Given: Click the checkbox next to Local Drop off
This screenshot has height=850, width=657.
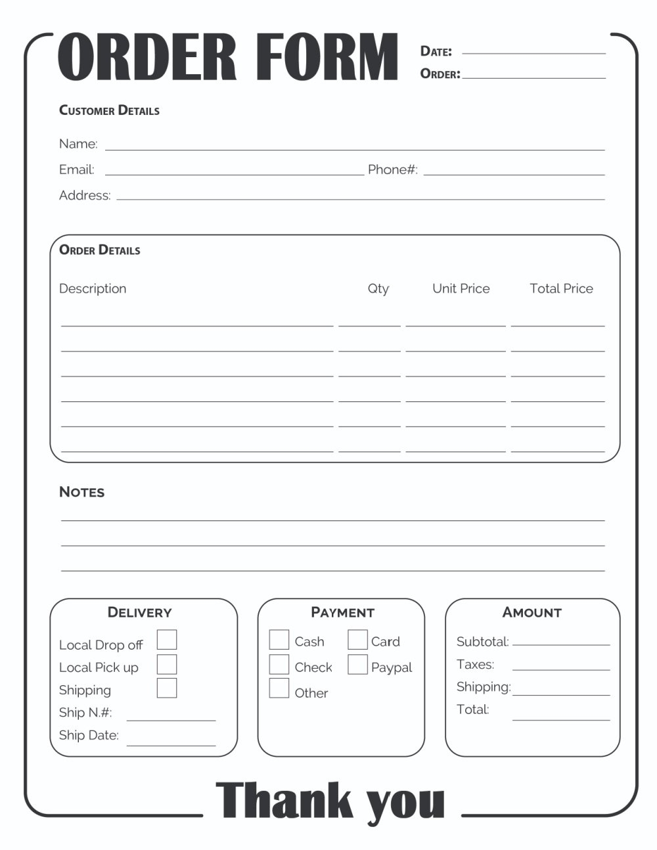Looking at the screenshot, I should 167,640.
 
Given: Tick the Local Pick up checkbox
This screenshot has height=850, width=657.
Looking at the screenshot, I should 167,664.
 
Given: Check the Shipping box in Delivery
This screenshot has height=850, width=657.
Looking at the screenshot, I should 167,688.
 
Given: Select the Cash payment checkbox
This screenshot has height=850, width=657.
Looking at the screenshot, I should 279,640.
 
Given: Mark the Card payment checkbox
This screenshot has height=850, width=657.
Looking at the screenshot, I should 357,640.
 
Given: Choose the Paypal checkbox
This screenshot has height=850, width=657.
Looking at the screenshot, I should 357,665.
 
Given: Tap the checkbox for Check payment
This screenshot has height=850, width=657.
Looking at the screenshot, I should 279,665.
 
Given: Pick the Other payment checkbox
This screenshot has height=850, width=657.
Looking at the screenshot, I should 279,688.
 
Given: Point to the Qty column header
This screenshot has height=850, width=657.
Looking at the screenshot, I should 378,289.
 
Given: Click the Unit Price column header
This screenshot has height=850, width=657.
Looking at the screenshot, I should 461,288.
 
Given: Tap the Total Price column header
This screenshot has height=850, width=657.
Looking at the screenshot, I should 561,288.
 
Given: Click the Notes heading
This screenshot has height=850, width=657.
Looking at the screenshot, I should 81,492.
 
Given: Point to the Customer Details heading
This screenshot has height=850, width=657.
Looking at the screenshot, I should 109,110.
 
